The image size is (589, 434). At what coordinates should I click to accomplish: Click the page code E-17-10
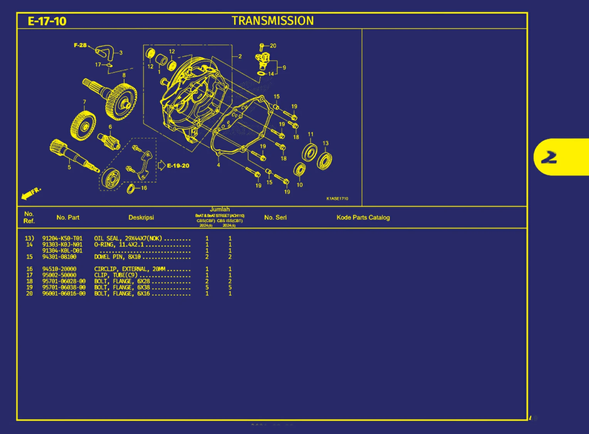(47, 21)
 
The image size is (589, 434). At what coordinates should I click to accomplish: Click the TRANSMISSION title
(273, 21)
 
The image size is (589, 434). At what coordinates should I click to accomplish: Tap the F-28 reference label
(80, 45)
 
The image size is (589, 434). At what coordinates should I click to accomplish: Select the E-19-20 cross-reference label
(178, 166)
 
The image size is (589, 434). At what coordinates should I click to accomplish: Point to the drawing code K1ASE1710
(337, 199)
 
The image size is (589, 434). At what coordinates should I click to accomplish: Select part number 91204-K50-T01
(62, 238)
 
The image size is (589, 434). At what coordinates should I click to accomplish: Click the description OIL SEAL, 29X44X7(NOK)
(128, 238)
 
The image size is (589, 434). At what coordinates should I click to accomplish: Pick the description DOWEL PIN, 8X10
(117, 257)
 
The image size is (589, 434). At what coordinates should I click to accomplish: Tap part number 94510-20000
(59, 269)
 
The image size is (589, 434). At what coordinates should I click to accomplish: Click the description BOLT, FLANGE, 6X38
(122, 287)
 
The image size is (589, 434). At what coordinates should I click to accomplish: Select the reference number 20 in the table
(29, 293)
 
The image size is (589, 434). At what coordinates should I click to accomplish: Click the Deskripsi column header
(141, 218)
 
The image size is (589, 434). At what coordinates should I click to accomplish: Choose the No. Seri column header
(275, 218)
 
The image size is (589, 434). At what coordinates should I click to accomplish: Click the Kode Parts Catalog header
(363, 218)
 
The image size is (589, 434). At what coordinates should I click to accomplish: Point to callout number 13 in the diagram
(325, 143)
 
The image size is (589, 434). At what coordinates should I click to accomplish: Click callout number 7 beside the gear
(84, 102)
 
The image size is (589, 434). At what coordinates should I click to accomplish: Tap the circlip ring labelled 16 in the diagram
(131, 189)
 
